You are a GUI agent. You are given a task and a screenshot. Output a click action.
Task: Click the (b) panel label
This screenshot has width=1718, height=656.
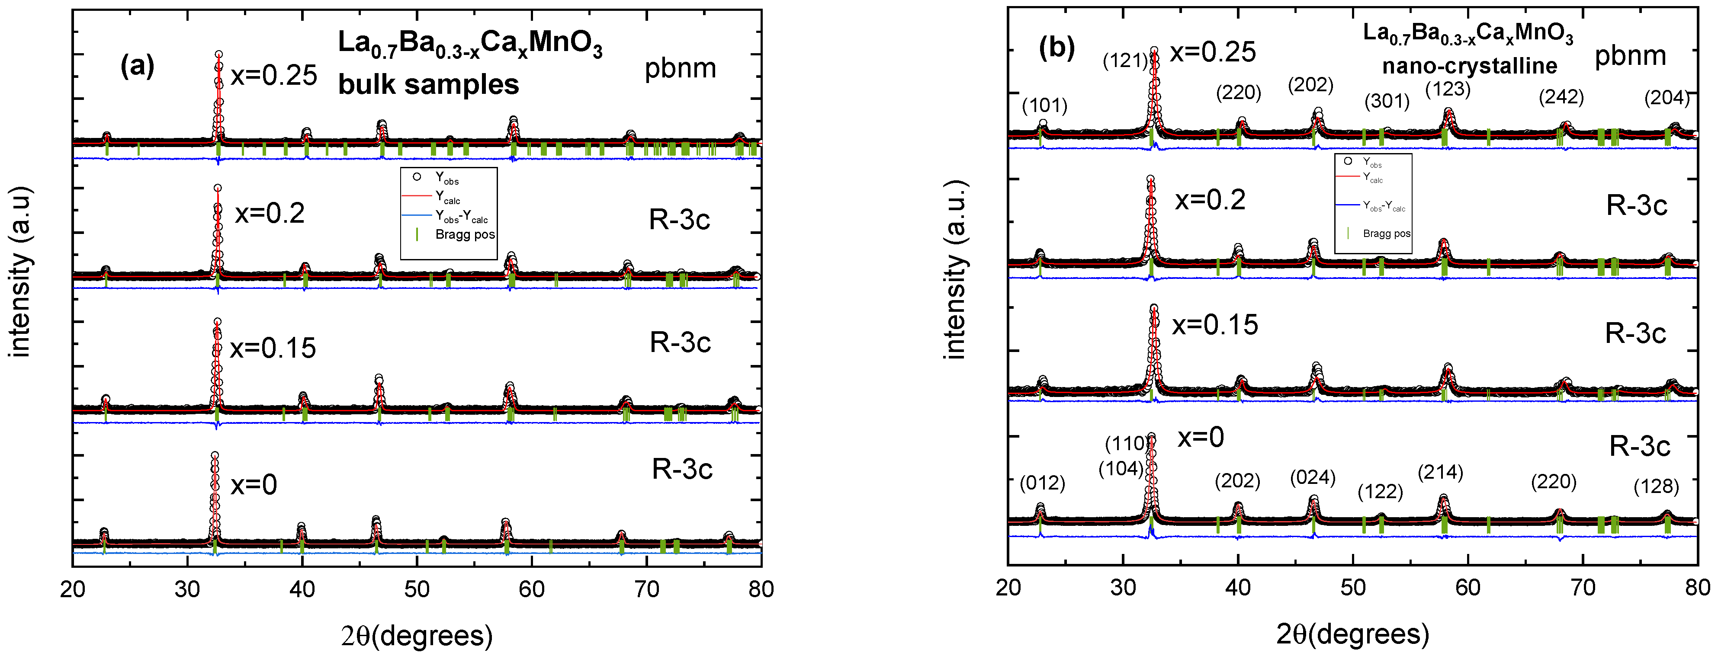pos(1056,48)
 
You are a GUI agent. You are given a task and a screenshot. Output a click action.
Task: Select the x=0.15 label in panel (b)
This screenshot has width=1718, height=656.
pos(1215,325)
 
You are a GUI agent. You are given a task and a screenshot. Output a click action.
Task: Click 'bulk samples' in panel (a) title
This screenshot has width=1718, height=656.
pos(428,85)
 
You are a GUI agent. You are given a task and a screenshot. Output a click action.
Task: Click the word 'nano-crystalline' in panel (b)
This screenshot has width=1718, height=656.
pos(1469,66)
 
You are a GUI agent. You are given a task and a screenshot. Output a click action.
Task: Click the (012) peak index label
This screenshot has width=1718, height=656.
pos(1042,483)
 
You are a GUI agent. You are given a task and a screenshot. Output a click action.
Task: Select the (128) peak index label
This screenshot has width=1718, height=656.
pos(1656,486)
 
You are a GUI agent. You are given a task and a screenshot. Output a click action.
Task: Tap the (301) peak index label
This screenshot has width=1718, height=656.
pos(1387,101)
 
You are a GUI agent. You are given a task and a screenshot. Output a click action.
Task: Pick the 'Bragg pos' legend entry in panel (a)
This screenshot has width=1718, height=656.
pos(464,235)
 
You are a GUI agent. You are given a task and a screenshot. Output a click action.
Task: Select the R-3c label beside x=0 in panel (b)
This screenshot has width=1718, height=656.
pos(1639,446)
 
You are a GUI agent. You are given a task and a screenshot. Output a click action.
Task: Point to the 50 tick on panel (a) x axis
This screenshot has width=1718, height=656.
pos(417,589)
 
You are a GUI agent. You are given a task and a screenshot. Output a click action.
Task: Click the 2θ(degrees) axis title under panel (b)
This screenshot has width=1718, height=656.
pos(1352,634)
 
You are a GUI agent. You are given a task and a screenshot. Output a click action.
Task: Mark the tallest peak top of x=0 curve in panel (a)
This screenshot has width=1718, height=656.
pos(215,455)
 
